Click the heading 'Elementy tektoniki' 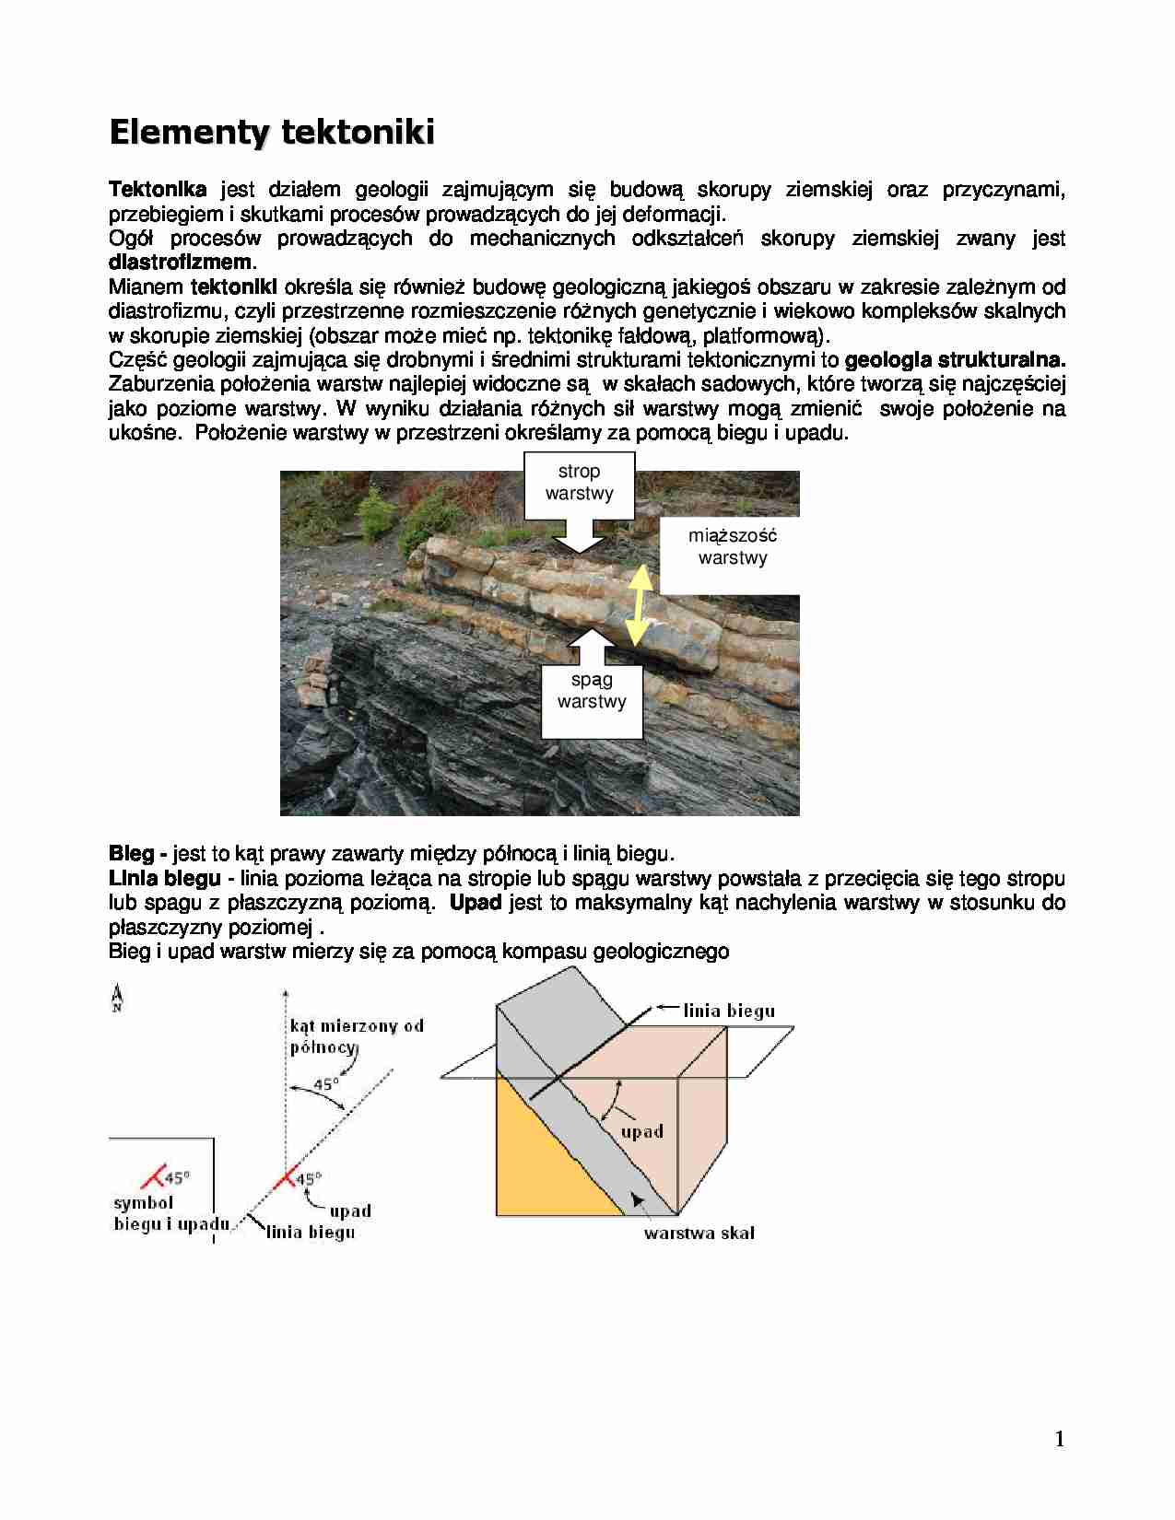click(x=272, y=132)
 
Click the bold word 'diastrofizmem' click(x=180, y=263)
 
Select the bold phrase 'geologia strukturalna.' click(x=955, y=359)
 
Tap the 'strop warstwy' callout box click(x=579, y=483)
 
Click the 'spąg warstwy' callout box click(x=592, y=691)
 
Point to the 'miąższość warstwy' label click(x=733, y=547)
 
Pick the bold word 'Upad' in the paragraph click(x=475, y=903)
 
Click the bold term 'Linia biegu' click(x=164, y=879)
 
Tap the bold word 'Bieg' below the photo click(x=131, y=854)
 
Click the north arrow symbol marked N click(x=117, y=998)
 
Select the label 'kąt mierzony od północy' click(x=357, y=1035)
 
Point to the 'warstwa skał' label click(x=699, y=1233)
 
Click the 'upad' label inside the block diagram click(x=641, y=1131)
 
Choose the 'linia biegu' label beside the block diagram click(x=729, y=1011)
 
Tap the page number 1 click(x=1060, y=1439)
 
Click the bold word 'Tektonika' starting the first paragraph click(x=158, y=190)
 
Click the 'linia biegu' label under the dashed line click(x=311, y=1232)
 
